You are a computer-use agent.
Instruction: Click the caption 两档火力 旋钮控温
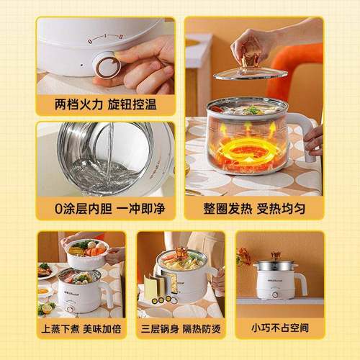coord(105,104)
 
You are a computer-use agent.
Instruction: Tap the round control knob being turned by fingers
coord(108,67)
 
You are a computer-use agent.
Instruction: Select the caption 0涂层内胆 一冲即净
coord(109,208)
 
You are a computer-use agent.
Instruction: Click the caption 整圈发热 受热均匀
coord(254,208)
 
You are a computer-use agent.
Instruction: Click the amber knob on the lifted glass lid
coord(250,61)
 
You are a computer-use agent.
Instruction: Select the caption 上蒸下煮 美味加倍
coord(81,329)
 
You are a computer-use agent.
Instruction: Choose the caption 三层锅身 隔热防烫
coord(181,329)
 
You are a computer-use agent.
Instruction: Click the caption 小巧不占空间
coord(280,328)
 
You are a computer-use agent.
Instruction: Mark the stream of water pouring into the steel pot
coord(110,153)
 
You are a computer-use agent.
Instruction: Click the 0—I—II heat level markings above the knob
coord(105,38)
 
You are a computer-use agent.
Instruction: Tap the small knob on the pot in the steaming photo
coord(71,309)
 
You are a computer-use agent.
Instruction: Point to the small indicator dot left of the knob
coord(81,65)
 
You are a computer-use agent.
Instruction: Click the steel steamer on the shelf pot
coord(276,266)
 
